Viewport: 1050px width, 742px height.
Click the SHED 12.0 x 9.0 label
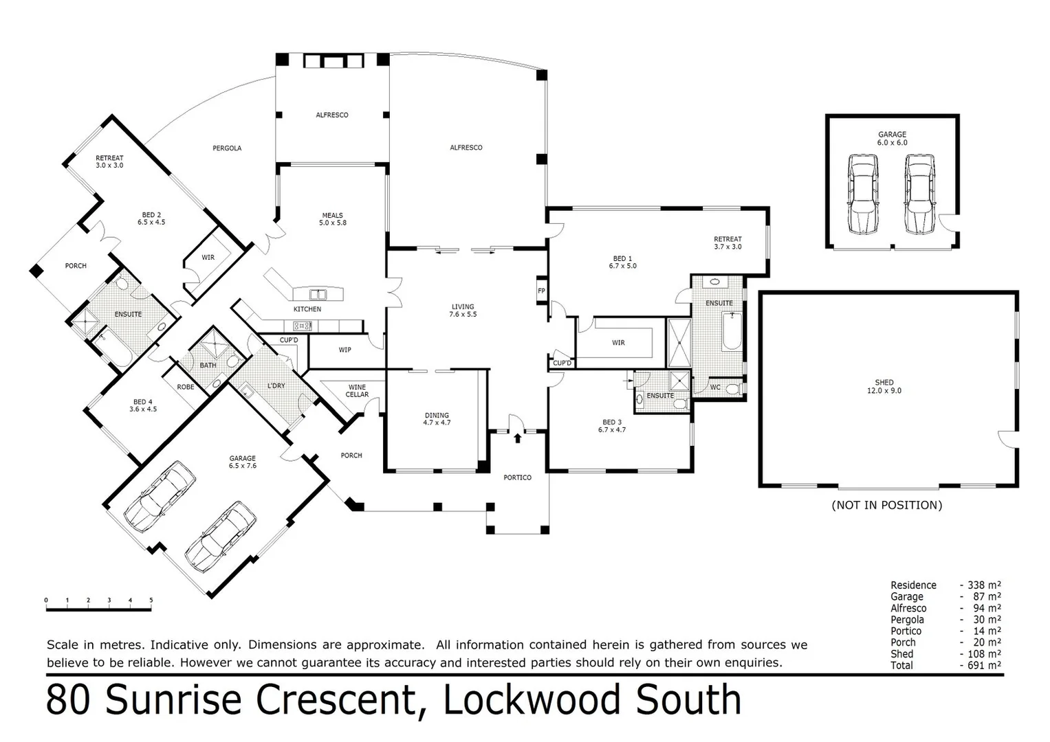point(884,386)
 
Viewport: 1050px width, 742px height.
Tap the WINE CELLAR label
point(357,390)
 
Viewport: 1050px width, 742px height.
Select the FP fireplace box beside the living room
point(541,291)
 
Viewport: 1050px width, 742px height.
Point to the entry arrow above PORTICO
point(517,438)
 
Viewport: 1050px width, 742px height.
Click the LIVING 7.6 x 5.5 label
point(463,311)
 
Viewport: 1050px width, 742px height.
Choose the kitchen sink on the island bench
point(318,295)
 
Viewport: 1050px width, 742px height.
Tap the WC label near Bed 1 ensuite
point(715,387)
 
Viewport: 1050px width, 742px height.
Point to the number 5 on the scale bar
point(151,600)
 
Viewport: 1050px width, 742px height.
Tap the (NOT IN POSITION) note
point(886,505)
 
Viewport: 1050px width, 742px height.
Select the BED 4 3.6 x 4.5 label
point(143,405)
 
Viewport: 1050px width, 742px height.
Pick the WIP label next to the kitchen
point(344,350)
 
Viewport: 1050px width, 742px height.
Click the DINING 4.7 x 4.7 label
point(437,418)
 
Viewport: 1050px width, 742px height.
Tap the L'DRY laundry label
point(276,386)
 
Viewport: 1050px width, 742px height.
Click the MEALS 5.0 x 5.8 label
point(333,218)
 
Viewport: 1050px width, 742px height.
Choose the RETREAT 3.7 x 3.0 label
point(728,243)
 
